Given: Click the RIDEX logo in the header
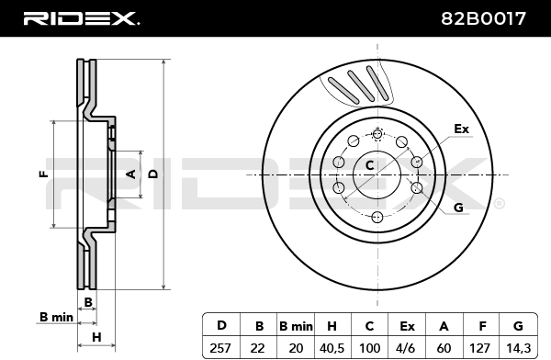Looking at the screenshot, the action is coord(82,18).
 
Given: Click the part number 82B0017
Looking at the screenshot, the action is coord(483,18).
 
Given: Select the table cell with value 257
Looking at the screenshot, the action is coord(220,348).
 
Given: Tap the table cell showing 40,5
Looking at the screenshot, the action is coord(332,348).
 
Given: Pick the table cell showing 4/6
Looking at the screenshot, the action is coord(406,348).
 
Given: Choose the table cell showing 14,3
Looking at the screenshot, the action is coord(518,348).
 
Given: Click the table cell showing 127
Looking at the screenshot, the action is coord(480,348).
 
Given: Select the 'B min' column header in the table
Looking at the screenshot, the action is coord(296,326).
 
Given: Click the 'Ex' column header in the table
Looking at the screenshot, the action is coord(407,326).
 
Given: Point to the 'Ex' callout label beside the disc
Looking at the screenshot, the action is coord(461,129).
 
